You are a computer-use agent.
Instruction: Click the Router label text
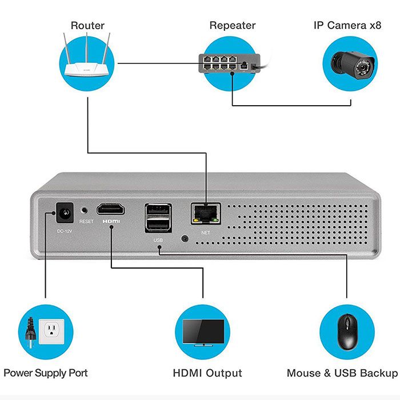point(87,26)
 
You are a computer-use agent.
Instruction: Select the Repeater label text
point(232,26)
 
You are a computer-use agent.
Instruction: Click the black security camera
point(349,63)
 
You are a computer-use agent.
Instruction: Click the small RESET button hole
point(86,211)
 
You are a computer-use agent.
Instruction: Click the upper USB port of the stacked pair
point(158,210)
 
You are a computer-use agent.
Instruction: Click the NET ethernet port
point(205,214)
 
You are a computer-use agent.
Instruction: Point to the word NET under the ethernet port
point(206,233)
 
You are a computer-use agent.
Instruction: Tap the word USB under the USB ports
point(158,241)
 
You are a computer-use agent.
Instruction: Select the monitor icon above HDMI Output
point(203,332)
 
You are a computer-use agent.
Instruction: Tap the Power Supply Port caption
point(46,373)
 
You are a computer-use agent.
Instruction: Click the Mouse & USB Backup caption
point(342,373)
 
